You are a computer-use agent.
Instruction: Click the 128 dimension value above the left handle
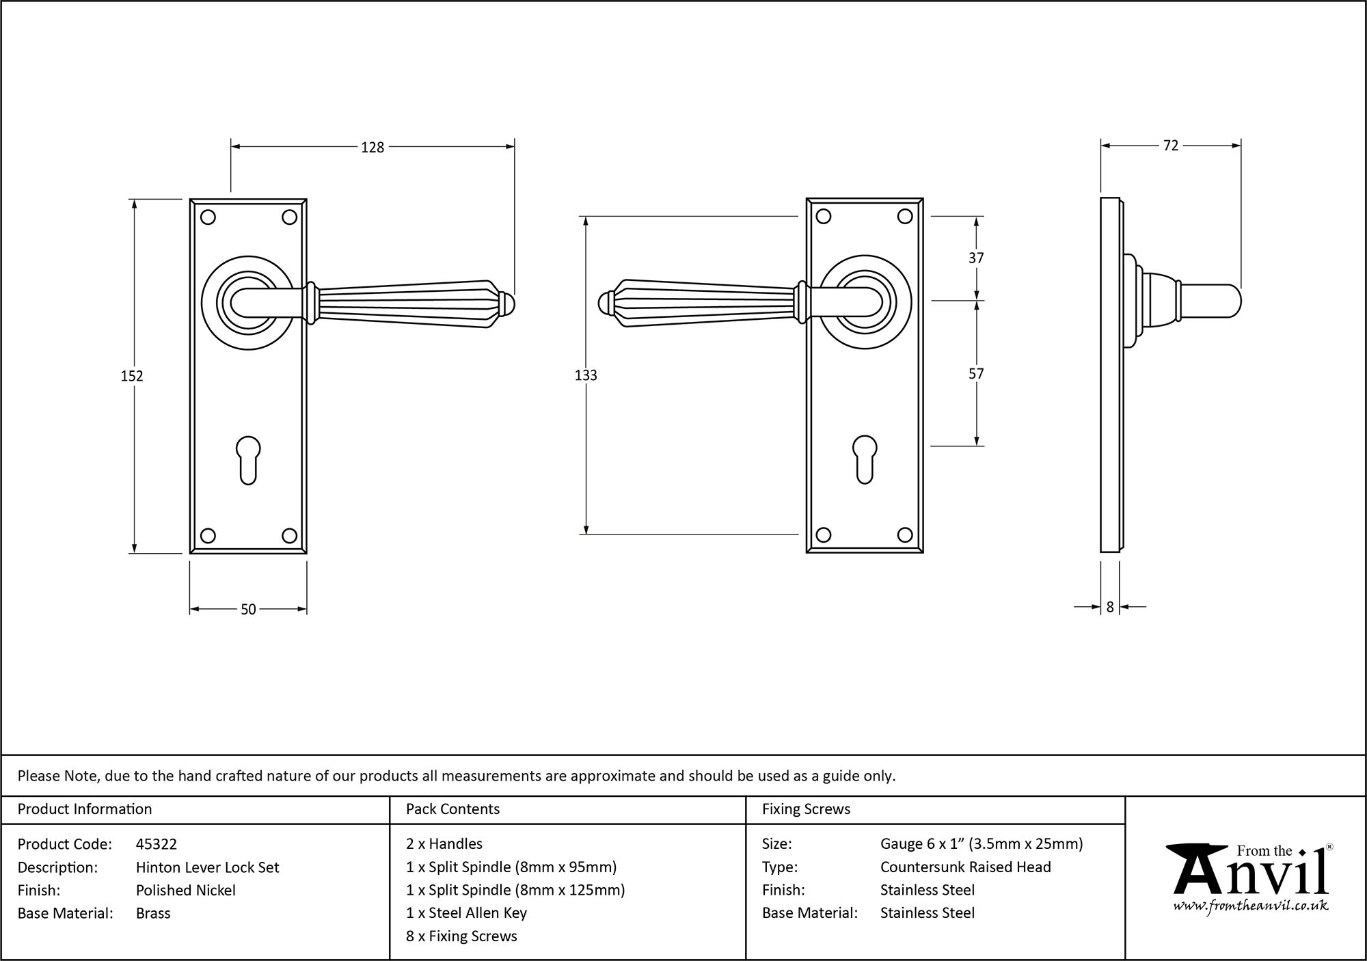(373, 147)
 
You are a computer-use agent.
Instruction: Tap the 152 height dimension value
(132, 376)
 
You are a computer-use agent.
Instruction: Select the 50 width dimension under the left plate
(248, 609)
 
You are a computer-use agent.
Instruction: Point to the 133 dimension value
(586, 375)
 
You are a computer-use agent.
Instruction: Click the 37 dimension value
(976, 258)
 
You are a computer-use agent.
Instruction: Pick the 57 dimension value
(976, 374)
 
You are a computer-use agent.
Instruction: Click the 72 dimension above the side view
(1170, 146)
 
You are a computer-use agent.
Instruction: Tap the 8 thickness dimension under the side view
(1110, 607)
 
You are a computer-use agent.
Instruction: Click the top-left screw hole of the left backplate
(208, 217)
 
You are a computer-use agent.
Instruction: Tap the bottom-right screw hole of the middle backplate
(905, 535)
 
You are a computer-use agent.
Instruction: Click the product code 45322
(157, 844)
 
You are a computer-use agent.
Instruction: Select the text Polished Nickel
(186, 890)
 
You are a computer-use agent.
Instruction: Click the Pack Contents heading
(452, 809)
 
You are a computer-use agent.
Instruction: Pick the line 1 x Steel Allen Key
(466, 913)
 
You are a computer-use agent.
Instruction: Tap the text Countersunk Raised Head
(965, 867)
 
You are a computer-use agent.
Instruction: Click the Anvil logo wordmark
(1250, 871)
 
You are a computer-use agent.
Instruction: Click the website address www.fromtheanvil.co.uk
(1250, 906)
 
